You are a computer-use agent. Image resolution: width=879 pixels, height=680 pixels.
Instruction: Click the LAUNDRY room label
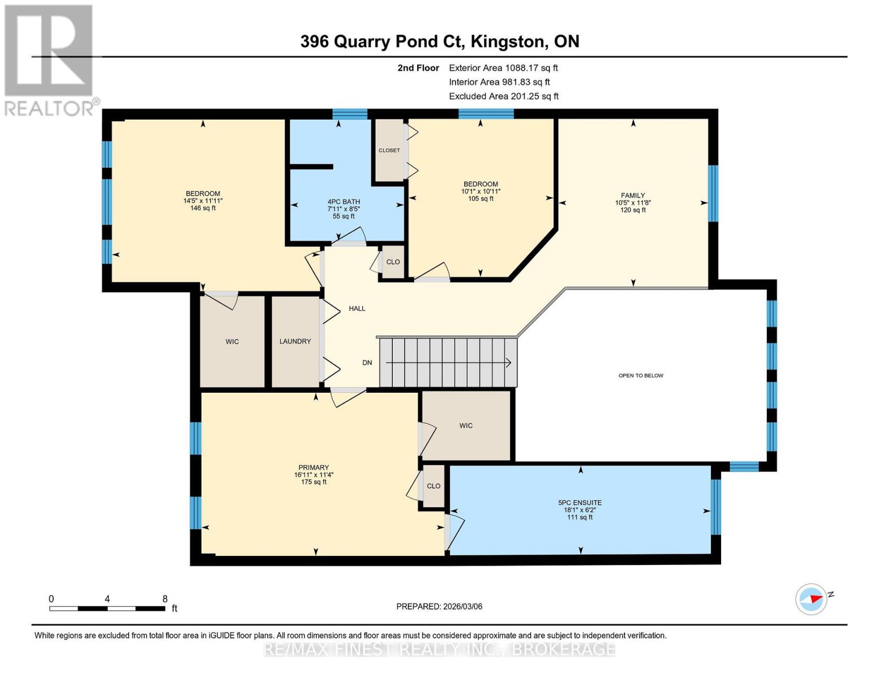(295, 341)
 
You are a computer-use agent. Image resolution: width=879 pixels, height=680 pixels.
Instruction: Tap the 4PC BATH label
(344, 202)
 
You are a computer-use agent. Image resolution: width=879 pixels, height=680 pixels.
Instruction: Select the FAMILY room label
(633, 195)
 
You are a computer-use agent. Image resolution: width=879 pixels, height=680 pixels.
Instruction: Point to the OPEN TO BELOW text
(641, 375)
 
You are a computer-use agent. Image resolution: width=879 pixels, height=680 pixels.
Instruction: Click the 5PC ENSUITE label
(580, 503)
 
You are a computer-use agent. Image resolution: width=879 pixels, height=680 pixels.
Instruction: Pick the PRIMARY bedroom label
(314, 467)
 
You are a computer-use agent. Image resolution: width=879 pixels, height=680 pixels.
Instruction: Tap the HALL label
(357, 308)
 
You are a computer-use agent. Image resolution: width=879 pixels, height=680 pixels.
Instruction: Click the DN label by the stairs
(367, 363)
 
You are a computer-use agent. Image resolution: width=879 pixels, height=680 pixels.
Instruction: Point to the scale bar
(107, 609)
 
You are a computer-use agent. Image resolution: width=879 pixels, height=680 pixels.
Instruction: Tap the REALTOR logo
(49, 59)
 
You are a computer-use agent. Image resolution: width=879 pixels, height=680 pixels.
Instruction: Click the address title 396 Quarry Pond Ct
(439, 41)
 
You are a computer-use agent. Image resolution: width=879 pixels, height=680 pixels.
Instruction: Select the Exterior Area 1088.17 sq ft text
(503, 67)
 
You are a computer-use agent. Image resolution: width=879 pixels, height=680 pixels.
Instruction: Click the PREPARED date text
(439, 606)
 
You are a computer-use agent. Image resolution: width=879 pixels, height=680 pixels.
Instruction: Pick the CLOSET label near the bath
(389, 150)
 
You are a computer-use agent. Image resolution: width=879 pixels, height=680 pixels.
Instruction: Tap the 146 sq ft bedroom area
(203, 208)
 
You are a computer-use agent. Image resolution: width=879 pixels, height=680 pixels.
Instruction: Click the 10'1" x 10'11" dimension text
(481, 192)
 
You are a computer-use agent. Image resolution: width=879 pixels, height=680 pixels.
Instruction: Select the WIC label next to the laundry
(232, 342)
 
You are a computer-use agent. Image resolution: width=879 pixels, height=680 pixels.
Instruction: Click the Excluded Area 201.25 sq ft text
(504, 96)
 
